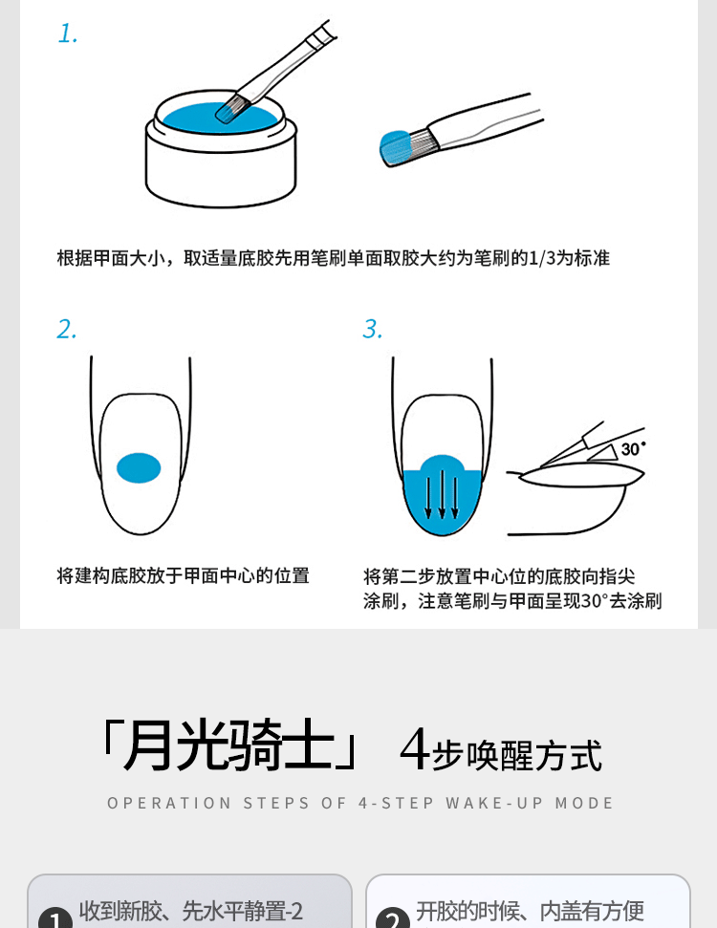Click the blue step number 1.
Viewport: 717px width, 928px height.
(68, 33)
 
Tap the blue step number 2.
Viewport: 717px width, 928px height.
(67, 329)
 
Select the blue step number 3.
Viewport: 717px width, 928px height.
(373, 329)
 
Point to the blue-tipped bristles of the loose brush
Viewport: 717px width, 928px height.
(396, 148)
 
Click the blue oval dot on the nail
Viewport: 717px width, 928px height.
(139, 467)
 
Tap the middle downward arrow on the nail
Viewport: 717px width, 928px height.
(442, 494)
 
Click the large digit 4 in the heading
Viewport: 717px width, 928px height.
(415, 748)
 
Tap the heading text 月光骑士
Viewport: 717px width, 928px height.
(228, 745)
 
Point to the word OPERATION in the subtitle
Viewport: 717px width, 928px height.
(169, 803)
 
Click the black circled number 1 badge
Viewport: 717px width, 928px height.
(55, 918)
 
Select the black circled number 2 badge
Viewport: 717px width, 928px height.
(393, 918)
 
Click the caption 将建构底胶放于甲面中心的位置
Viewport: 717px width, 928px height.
(183, 576)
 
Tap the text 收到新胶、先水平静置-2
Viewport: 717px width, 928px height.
(190, 911)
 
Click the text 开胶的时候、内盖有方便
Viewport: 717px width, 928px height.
(530, 911)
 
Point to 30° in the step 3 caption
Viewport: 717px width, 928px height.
(595, 601)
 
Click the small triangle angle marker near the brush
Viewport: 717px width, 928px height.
(604, 453)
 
